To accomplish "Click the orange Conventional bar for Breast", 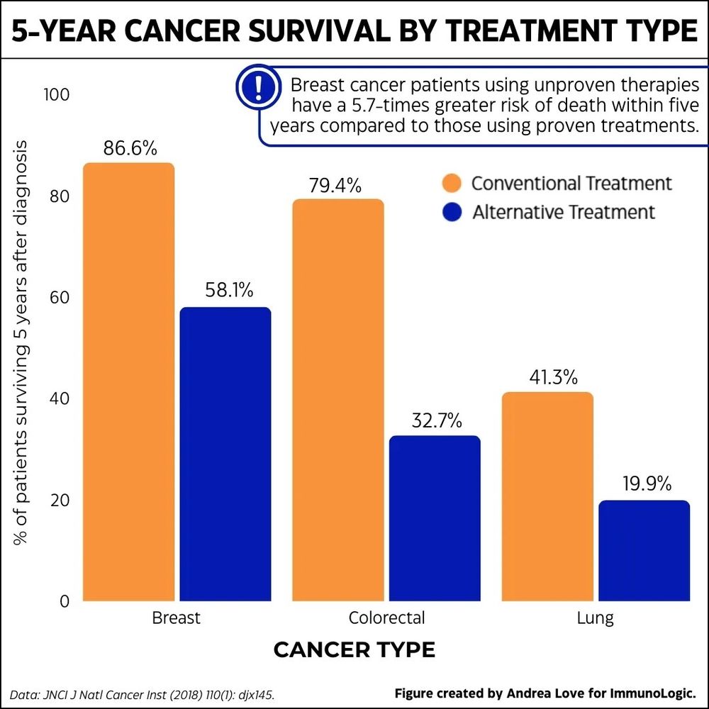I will point(129,383).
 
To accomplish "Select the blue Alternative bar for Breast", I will point(225,454).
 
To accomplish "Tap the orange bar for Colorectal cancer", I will point(338,401).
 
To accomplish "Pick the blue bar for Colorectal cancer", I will point(435,518).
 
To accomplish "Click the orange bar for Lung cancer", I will point(547,496).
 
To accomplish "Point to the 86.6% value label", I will point(130,149).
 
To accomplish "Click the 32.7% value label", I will point(437,421).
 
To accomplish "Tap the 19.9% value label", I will point(644,485).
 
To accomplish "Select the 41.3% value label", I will point(548,377).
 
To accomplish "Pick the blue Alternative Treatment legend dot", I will point(452,212).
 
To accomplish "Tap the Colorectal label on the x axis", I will point(386,618).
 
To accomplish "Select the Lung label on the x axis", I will point(595,618).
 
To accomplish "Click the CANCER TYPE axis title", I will point(354,650).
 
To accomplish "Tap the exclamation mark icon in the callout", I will point(257,87).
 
